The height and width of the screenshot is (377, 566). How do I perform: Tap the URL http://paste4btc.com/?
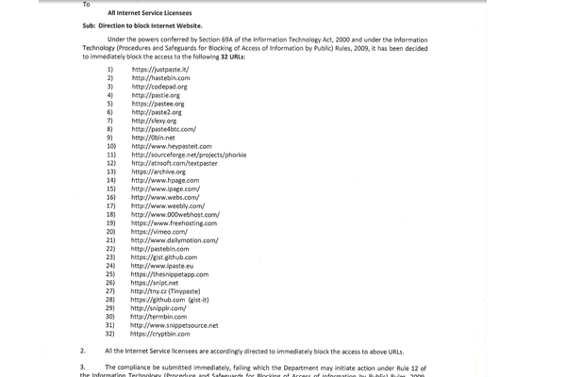coord(163,129)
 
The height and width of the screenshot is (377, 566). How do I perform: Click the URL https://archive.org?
coord(158,172)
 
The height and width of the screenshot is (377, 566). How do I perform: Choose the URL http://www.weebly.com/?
coord(165,205)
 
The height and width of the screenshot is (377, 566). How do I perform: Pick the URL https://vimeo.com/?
coord(158,231)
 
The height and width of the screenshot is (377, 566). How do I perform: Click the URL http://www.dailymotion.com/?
coord(173,239)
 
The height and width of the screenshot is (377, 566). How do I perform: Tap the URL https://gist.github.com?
coord(160,256)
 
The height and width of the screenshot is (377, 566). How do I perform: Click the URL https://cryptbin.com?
coord(159,334)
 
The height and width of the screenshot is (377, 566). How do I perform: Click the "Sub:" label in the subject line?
coord(89,28)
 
